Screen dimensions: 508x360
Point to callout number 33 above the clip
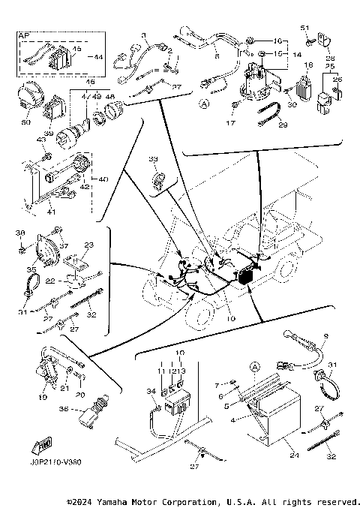coord(153,159)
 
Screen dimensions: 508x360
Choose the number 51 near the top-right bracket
coord(305,28)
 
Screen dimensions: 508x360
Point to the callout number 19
coord(43,397)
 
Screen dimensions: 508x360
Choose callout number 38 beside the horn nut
coord(21,233)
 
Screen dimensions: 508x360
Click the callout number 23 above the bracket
coord(88,245)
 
